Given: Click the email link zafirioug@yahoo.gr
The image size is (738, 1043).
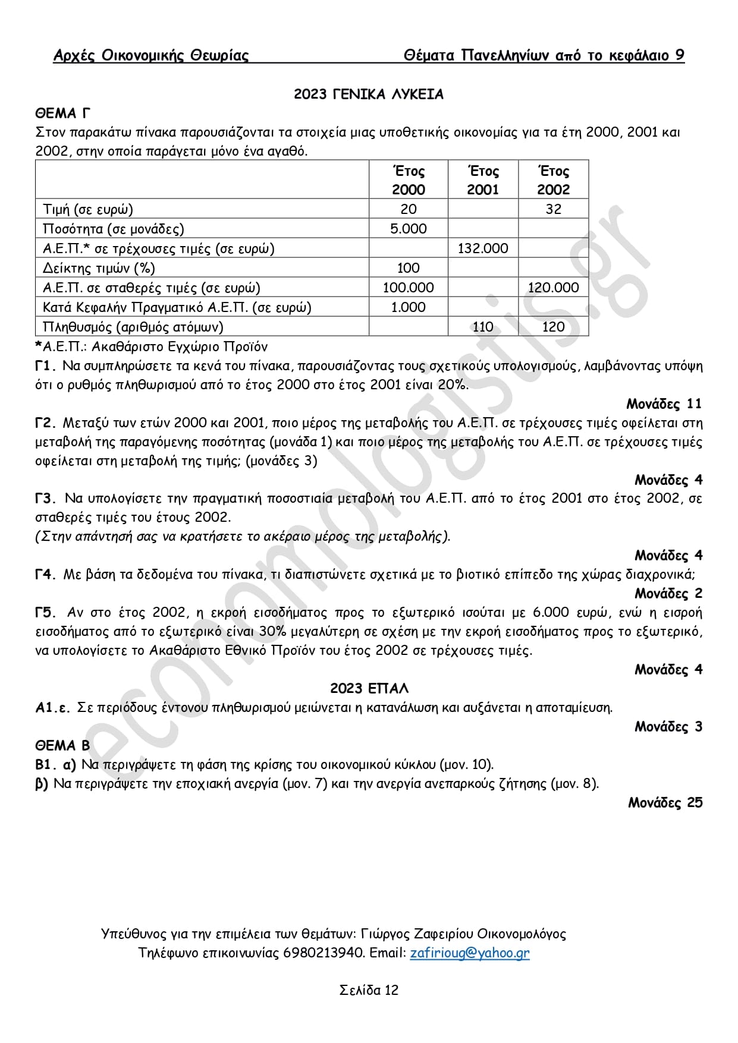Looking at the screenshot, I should coord(469,953).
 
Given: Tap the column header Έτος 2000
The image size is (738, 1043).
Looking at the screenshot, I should coord(408,180).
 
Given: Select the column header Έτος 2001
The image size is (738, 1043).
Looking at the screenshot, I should coord(483,180).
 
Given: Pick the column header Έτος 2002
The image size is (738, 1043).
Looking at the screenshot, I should coord(553,180).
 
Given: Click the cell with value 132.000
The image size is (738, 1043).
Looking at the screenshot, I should coord(483,248).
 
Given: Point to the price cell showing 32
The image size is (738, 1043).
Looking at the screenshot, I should coord(553,209).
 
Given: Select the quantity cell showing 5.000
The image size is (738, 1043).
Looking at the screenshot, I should coord(408,229).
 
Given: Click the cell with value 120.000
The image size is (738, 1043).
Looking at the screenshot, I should coord(553,288).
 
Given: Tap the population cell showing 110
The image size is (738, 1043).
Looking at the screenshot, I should coord(483,327).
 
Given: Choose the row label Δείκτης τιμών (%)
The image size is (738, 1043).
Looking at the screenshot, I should coord(99,268).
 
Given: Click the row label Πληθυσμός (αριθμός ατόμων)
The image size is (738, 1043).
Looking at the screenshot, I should coord(133,327).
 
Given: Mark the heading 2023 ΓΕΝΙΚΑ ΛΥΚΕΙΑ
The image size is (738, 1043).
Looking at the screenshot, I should coord(369,94).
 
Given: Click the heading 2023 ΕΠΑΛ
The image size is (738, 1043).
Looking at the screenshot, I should coord(369,688).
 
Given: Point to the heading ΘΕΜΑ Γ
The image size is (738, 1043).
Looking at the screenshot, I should coord(63,113).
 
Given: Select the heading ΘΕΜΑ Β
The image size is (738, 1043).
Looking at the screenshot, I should coord(62,745).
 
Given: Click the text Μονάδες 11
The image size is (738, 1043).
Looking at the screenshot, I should coord(664,404).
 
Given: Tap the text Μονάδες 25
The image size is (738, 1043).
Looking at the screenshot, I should coord(665,802).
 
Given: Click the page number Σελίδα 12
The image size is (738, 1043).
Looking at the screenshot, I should coord(369,990).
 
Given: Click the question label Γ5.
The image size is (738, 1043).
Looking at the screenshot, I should coord(46,613).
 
